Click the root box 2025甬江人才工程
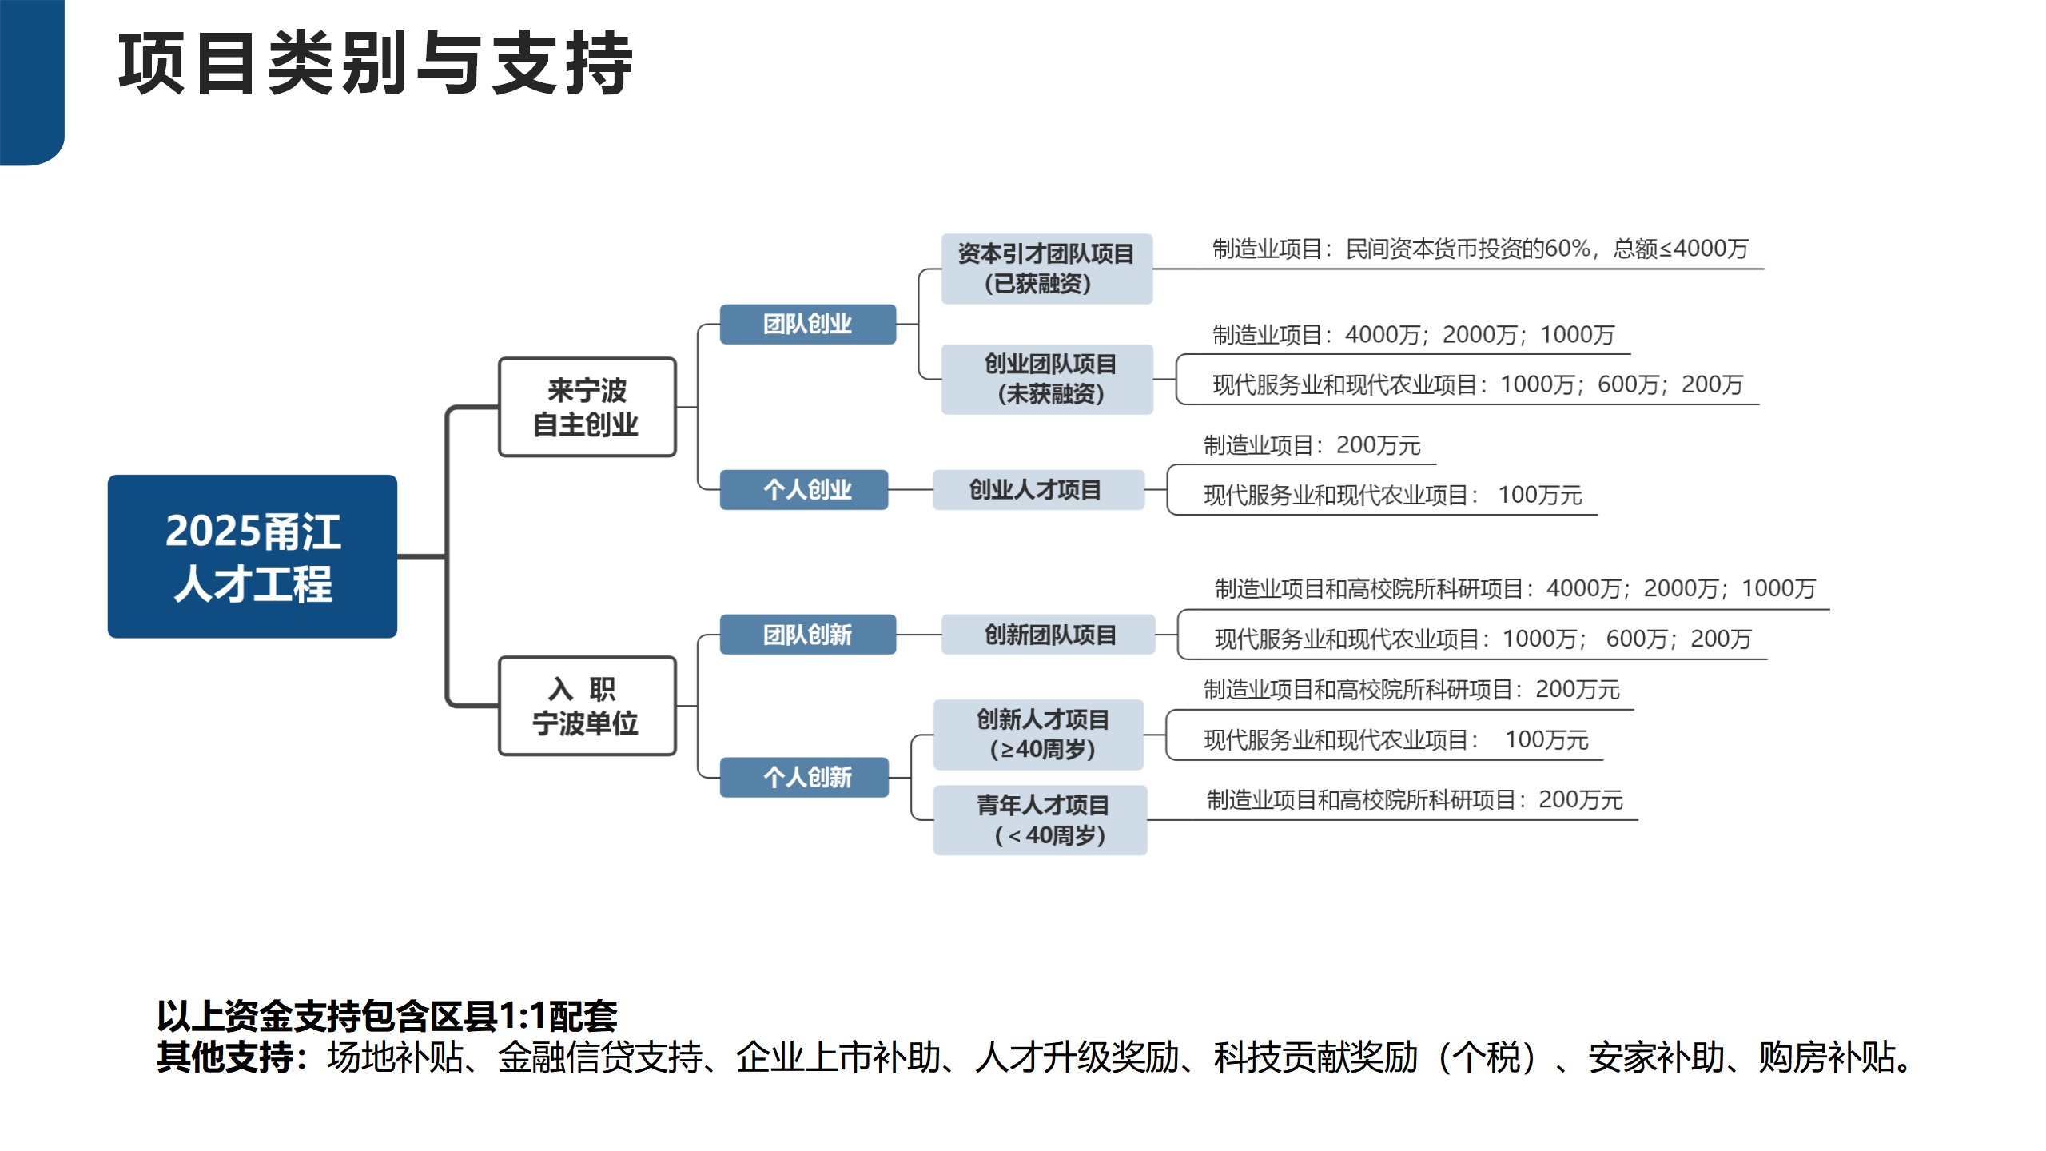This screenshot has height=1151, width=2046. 253,556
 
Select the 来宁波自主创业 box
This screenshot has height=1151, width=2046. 587,407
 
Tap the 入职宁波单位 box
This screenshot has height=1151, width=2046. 587,706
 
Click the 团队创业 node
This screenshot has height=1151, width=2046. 807,324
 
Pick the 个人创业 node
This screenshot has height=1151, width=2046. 804,489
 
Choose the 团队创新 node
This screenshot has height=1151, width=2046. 807,635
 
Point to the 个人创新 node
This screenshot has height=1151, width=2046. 804,777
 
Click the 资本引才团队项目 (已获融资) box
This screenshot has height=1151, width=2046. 1047,269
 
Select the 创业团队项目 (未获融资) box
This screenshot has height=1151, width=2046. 1047,379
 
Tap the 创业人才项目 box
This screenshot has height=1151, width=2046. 1038,489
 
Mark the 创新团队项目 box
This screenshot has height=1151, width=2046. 1048,635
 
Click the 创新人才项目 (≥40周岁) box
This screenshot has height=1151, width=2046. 1038,735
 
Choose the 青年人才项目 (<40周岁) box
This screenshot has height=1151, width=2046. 1041,820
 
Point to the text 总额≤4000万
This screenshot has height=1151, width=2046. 1681,249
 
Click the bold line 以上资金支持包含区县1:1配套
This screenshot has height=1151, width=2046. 388,1016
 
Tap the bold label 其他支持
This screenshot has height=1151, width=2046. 225,1057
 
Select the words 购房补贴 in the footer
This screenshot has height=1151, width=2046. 1826,1057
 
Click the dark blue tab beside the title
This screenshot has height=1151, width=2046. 32,82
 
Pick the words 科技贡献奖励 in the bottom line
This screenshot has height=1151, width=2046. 1316,1057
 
